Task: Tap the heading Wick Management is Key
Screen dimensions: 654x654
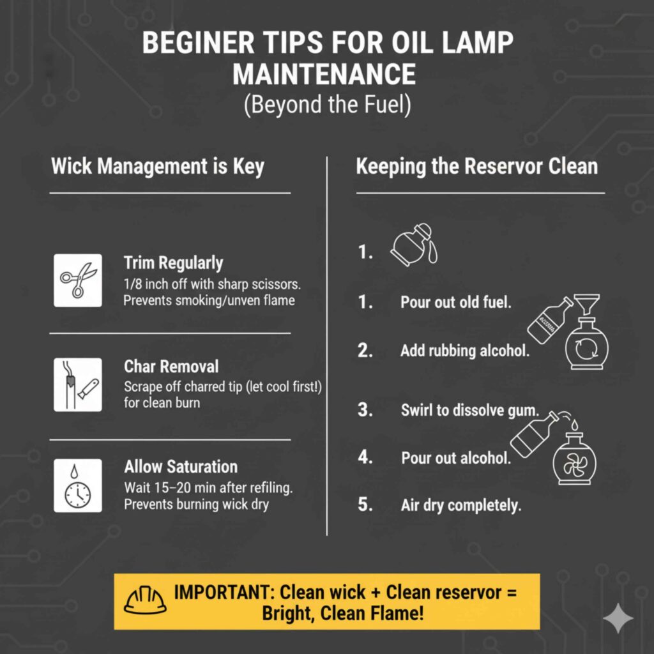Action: click(x=157, y=167)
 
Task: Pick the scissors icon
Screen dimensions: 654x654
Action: click(x=77, y=280)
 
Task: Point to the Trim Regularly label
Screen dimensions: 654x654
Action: click(x=173, y=262)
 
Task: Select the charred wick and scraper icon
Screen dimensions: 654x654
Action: click(x=77, y=384)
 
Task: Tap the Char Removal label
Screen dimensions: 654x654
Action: click(x=171, y=367)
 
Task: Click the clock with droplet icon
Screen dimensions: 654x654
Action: click(x=77, y=485)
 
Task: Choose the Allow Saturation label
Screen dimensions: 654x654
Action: click(x=181, y=467)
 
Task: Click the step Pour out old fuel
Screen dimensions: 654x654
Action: click(x=455, y=302)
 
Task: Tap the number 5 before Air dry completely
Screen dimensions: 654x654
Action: click(x=365, y=505)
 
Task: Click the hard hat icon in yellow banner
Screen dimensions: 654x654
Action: click(x=144, y=600)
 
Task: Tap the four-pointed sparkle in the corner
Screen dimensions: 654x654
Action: click(x=618, y=618)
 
